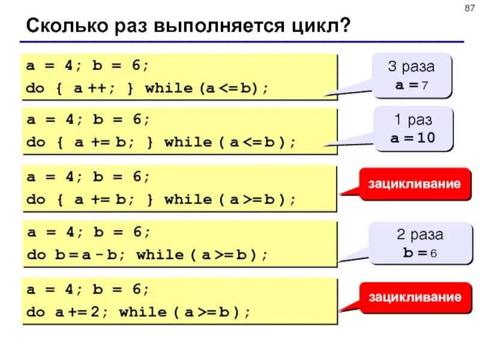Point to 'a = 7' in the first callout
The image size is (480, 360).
coord(411,85)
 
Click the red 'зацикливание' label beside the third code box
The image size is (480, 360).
coord(415,184)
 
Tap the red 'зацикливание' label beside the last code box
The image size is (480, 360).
coord(415,297)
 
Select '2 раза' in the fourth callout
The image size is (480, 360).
coord(412,234)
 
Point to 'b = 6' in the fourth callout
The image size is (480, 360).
coord(412,252)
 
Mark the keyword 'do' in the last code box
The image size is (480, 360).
coord(36,312)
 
